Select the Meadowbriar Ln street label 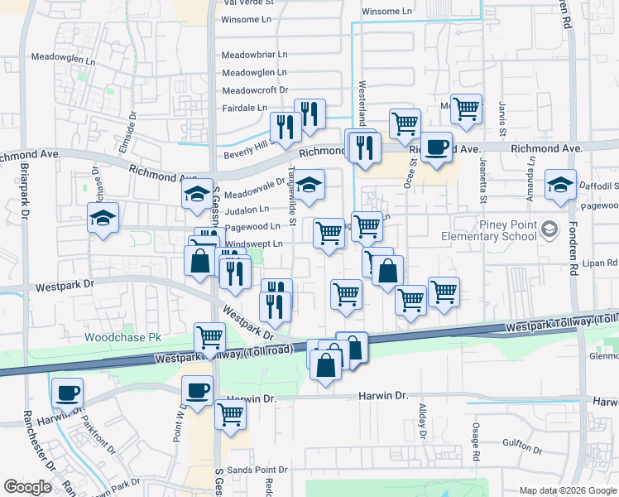tap(254, 55)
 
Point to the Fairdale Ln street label tap(245, 108)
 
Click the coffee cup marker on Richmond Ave tap(437, 147)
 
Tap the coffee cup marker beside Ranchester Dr tap(67, 392)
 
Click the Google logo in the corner tap(27, 487)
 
